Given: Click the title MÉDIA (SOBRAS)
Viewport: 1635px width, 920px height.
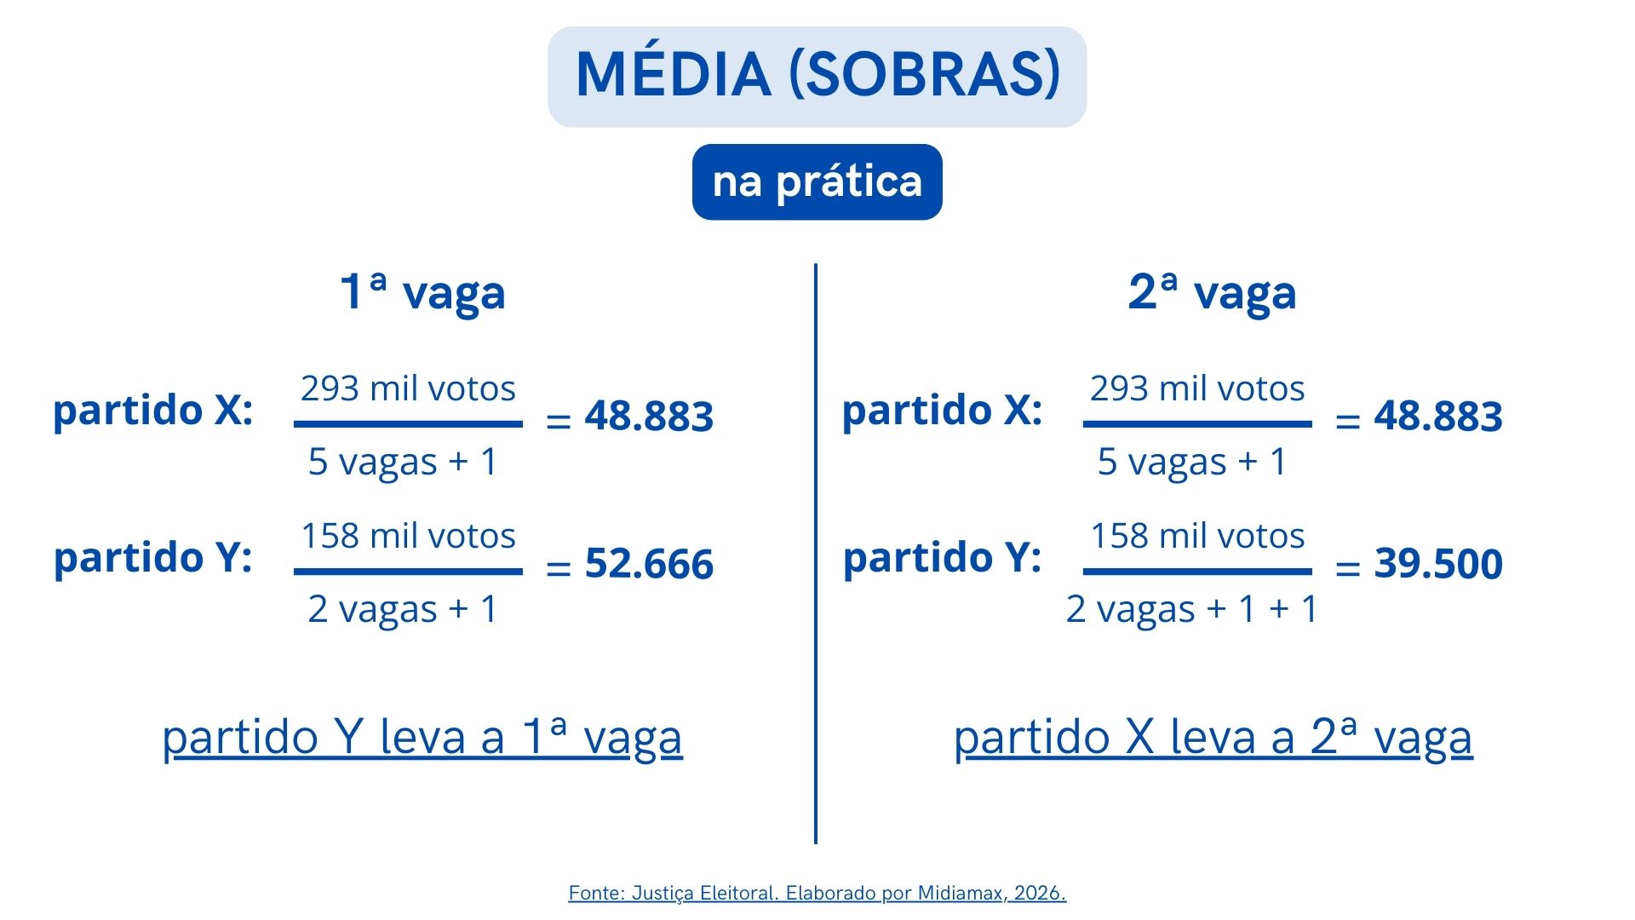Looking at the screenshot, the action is tap(817, 75).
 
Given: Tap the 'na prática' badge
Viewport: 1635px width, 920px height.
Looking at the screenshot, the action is tap(817, 181).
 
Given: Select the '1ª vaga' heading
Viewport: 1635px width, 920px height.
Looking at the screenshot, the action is tap(422, 291).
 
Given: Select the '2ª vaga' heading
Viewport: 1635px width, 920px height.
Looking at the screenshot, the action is tap(1212, 291).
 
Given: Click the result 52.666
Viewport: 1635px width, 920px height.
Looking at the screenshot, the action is tap(649, 564).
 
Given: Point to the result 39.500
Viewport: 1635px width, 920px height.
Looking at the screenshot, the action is tap(1438, 564).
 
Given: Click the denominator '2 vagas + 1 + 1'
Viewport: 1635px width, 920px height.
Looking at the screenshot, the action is tap(1192, 609).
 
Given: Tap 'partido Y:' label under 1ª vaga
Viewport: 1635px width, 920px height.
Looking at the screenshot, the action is tap(153, 558).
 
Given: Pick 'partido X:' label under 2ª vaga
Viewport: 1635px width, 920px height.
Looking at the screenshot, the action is tap(943, 411).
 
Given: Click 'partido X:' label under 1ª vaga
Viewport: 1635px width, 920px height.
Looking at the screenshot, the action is tap(153, 411).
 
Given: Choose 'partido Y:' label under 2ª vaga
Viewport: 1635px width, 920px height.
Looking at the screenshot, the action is tap(943, 558).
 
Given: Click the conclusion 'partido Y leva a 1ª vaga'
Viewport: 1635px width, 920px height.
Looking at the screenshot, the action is tap(422, 737).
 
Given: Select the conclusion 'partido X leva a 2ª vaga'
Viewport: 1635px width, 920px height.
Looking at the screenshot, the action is tap(1213, 737).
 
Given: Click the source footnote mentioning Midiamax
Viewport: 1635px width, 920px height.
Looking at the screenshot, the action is tap(817, 893).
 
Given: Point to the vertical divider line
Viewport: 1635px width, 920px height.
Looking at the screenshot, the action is tap(816, 554).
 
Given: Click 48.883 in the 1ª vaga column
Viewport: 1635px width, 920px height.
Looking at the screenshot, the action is tap(649, 417).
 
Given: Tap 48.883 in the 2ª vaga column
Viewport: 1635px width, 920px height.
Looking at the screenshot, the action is tap(1438, 417).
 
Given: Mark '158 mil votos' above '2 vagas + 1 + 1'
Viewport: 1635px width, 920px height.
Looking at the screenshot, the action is tap(1197, 536).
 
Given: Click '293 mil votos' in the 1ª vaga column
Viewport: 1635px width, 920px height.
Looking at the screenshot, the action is tap(408, 388).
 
